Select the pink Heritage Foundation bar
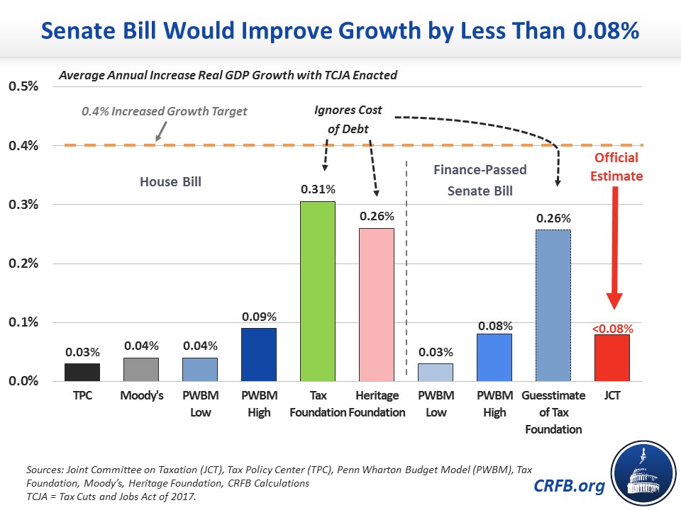coord(377,305)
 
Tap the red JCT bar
coord(611,358)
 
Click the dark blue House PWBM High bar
coord(258,354)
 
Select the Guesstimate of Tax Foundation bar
coord(552,305)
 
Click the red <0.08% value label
coord(611,328)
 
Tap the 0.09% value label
coord(258,316)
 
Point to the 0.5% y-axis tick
coord(24,87)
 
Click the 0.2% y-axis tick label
coord(24,263)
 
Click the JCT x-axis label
coord(611,396)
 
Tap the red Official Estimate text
coord(616,166)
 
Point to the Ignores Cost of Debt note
coord(348,118)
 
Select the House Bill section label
coord(170,182)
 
